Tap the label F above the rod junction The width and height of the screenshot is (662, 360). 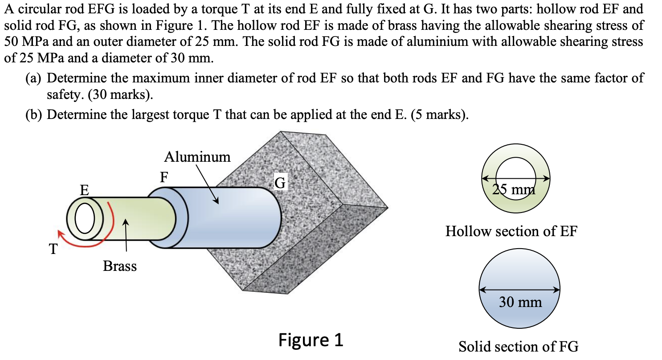click(164, 177)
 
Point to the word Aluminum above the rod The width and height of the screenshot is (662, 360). click(197, 157)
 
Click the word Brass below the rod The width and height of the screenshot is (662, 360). click(120, 266)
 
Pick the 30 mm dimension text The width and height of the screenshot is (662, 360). click(520, 302)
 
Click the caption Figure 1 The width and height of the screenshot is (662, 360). click(311, 340)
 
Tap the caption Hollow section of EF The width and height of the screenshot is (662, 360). click(511, 232)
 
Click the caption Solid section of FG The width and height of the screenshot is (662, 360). click(519, 346)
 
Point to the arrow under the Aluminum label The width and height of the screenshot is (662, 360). click(207, 185)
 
